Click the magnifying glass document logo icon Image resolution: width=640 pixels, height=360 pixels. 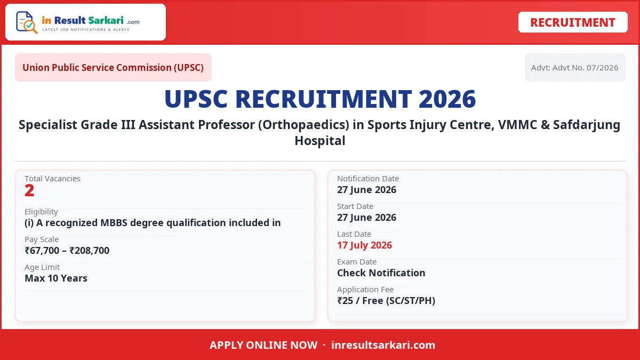click(27, 22)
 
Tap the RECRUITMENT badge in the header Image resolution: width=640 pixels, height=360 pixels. click(573, 22)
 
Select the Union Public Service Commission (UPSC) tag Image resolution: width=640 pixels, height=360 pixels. click(113, 67)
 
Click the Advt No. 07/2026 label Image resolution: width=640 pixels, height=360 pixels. click(575, 68)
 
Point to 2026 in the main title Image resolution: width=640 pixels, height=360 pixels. click(447, 99)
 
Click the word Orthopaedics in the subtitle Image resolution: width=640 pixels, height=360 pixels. click(305, 125)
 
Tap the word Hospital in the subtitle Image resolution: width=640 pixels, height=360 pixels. click(320, 141)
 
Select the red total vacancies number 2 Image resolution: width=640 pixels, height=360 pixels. click(29, 190)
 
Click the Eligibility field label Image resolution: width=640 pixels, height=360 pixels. click(41, 212)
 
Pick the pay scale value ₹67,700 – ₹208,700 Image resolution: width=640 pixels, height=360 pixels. click(67, 251)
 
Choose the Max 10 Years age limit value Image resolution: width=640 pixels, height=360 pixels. click(56, 278)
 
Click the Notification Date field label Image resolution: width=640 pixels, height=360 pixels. click(368, 179)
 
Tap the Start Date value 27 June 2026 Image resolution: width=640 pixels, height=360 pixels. click(366, 218)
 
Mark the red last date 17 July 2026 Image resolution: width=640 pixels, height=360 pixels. click(365, 245)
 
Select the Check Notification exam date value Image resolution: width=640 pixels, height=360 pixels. click(381, 273)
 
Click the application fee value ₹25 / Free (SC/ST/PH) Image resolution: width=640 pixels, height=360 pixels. click(386, 301)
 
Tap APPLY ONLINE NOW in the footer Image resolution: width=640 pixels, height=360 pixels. click(263, 345)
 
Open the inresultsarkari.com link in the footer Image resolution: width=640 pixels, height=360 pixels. click(383, 345)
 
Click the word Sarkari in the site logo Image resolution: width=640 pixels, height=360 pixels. click(106, 20)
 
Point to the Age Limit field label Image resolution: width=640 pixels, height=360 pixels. click(42, 267)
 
